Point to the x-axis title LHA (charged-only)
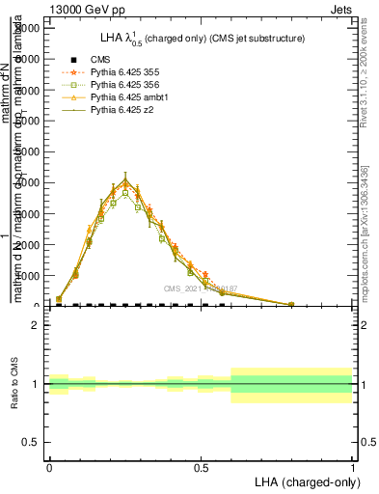(x=304, y=481)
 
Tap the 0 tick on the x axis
(x=49, y=467)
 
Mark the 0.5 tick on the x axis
(x=201, y=467)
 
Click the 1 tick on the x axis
(x=353, y=467)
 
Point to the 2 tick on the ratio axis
(x=36, y=325)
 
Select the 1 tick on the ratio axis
(x=36, y=384)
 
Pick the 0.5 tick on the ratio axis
(x=32, y=442)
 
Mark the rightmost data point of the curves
(x=291, y=304)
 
